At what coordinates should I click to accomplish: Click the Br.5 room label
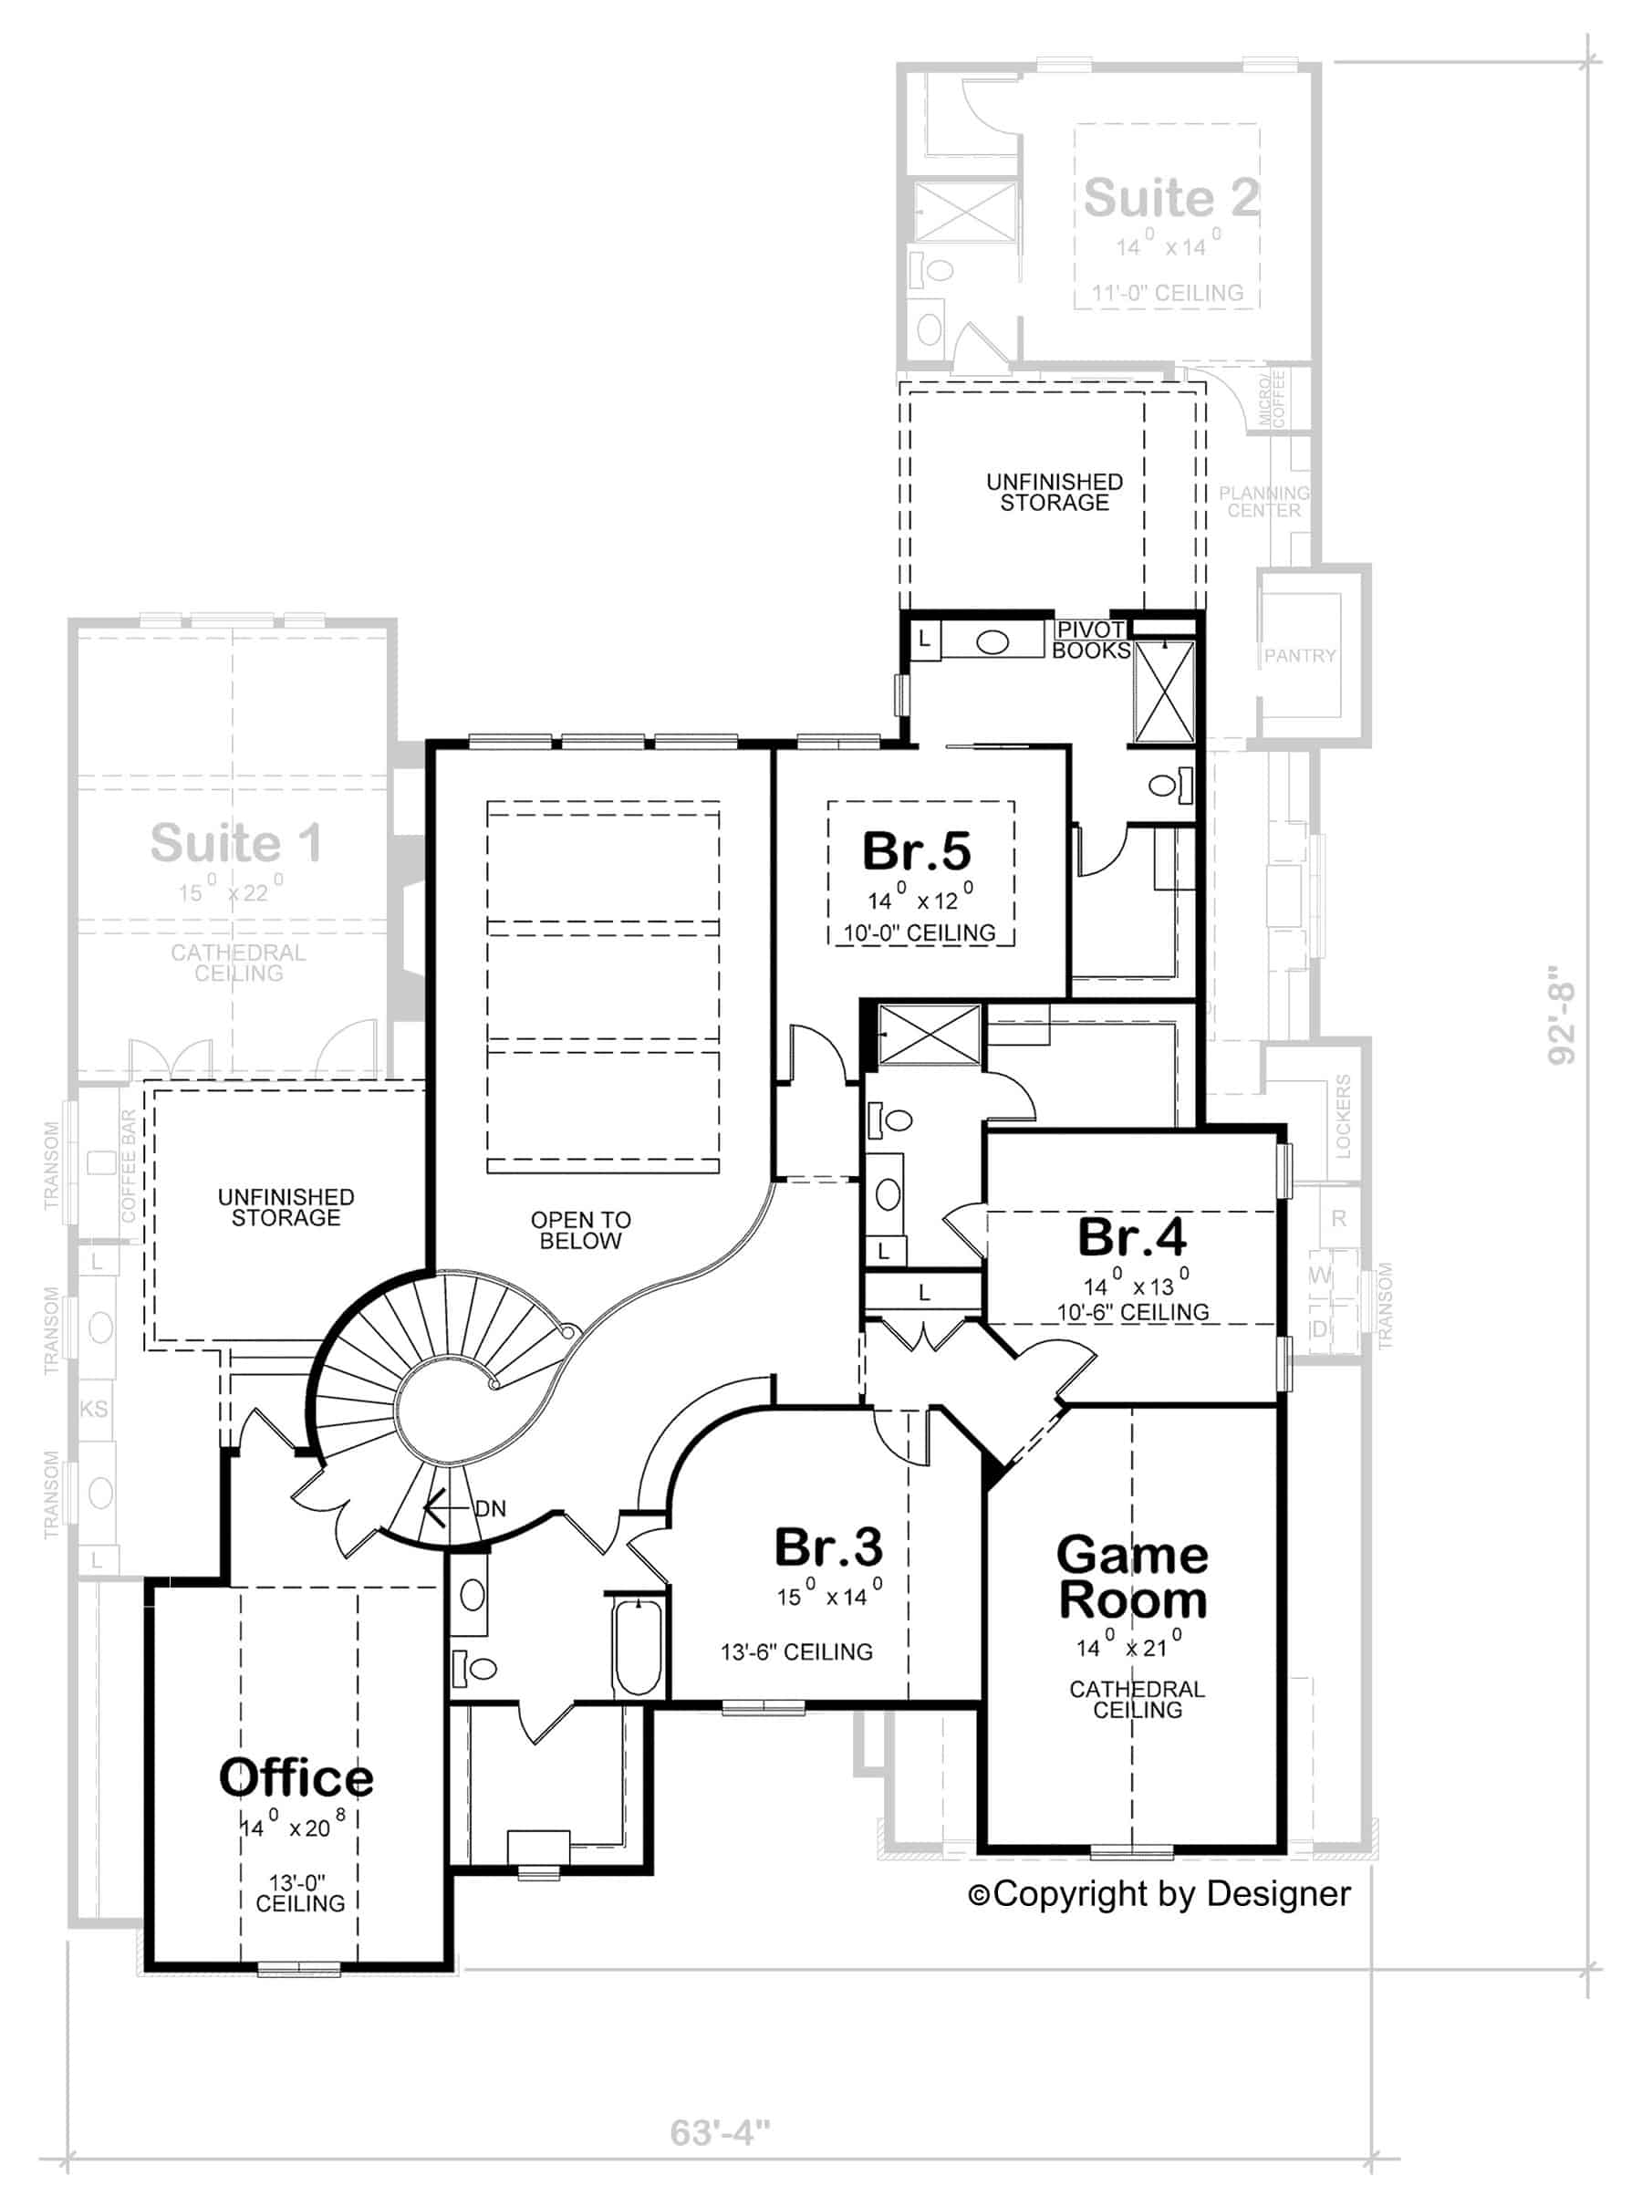(917, 852)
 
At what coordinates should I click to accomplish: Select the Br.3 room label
(828, 1548)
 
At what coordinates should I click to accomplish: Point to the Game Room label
(1132, 1578)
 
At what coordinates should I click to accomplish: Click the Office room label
(296, 1778)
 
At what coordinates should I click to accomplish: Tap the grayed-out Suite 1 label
(236, 844)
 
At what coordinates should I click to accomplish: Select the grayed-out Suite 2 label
(1171, 198)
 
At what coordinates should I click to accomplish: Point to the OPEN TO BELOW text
(580, 1231)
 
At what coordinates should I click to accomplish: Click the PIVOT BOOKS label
(1091, 641)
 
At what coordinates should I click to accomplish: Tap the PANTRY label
(1300, 656)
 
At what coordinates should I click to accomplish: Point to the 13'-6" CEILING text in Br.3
(796, 1652)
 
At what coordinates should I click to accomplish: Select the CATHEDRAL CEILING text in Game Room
(1137, 1700)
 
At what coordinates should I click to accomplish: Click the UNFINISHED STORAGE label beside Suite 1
(286, 1208)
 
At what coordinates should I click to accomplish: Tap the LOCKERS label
(1343, 1116)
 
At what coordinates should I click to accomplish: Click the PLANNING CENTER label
(1264, 502)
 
